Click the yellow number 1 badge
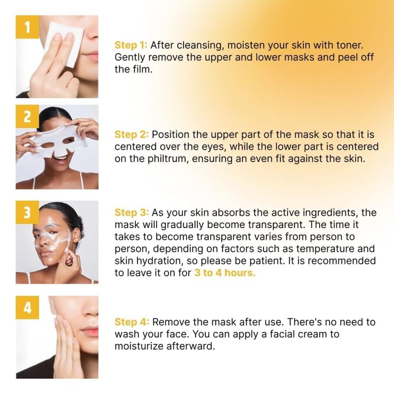point(28,27)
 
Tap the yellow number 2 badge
point(28,117)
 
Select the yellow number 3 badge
point(28,212)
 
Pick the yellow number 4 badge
point(28,307)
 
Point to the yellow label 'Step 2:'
point(131,134)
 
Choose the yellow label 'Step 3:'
point(131,213)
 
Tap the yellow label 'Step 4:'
point(132,322)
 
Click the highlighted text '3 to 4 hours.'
point(225,273)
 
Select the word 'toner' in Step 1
point(348,45)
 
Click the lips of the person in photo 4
point(92,331)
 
